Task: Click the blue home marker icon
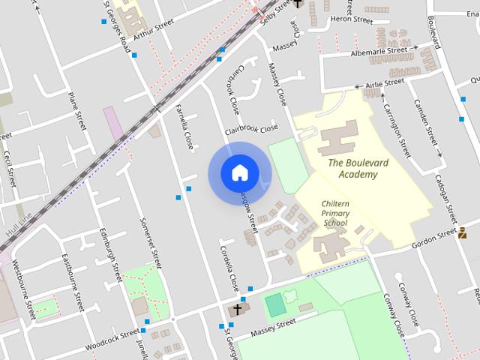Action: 239,173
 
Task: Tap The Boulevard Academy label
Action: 352,169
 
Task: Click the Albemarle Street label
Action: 379,52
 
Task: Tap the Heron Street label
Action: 351,19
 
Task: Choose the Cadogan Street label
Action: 445,199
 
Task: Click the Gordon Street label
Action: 434,235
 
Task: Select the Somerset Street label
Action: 151,244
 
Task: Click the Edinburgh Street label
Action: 111,256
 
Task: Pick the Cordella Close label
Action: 229,268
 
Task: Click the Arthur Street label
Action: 153,28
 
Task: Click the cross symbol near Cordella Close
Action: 238,309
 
